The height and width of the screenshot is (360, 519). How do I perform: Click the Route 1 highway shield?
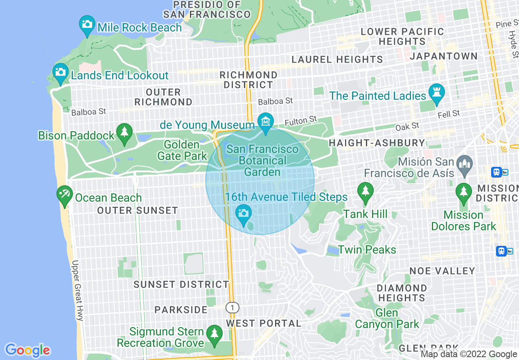[232, 307]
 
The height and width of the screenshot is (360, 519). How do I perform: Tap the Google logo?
[27, 350]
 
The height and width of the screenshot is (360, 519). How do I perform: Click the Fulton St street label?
[301, 121]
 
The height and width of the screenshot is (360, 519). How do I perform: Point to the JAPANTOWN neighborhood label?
[444, 56]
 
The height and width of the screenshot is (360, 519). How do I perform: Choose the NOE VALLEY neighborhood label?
[442, 271]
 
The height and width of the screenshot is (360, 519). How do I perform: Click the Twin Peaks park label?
[367, 250]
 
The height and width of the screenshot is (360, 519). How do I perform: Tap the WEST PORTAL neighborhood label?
[264, 323]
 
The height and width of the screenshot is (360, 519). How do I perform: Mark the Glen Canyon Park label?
[387, 319]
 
